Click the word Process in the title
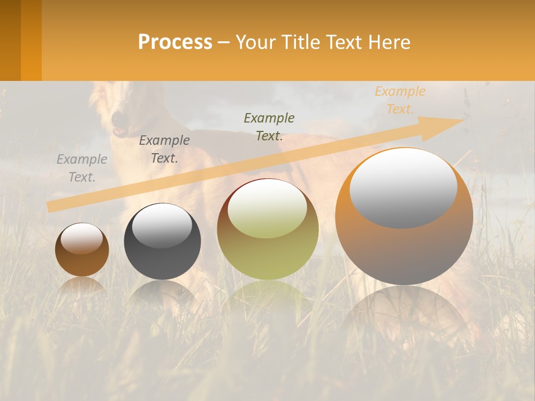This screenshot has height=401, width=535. [x=175, y=42]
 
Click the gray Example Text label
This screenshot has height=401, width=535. [x=82, y=168]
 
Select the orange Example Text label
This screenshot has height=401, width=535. [x=400, y=100]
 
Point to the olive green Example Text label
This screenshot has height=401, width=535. [x=269, y=127]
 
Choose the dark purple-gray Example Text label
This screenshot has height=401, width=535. [x=164, y=149]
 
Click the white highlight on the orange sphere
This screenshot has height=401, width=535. [x=403, y=187]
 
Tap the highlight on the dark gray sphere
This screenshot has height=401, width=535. [x=162, y=225]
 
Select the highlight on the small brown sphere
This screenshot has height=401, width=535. [x=81, y=238]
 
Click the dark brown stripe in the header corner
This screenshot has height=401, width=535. [x=10, y=40]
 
